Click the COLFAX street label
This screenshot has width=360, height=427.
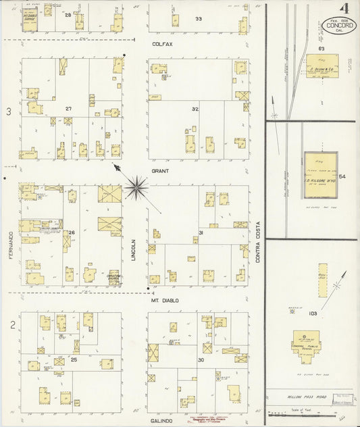(x=162, y=44)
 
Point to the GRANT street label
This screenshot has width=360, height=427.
(x=160, y=171)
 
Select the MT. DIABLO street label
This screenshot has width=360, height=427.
(x=164, y=301)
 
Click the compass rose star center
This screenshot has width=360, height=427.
(x=137, y=182)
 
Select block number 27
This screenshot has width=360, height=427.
(x=69, y=109)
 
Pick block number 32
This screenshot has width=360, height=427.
(x=195, y=109)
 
